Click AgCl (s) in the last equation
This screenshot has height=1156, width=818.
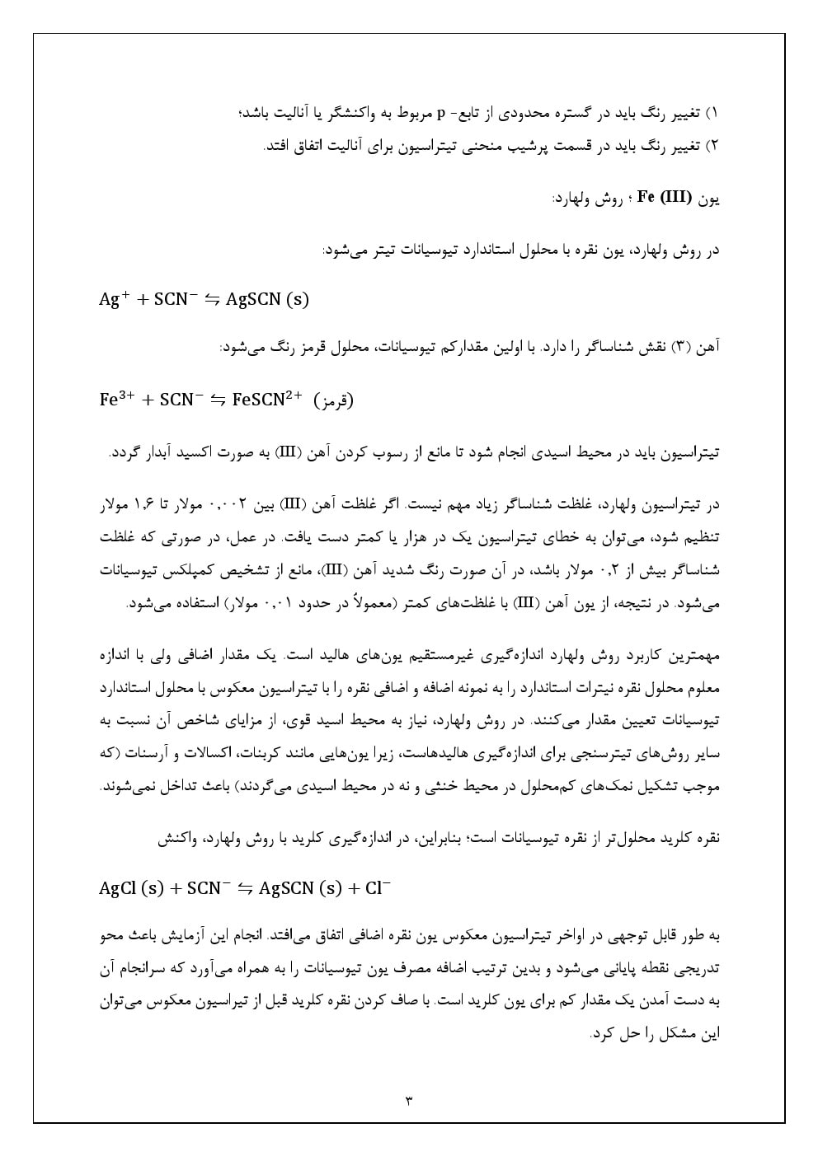click(x=131, y=888)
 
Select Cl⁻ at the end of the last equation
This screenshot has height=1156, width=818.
click(x=377, y=887)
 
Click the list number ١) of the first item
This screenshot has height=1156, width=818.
click(x=714, y=112)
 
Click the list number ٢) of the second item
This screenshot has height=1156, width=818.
click(x=714, y=146)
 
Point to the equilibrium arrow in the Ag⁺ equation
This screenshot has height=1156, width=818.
click(x=212, y=300)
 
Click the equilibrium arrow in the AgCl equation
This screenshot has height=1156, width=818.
click(x=245, y=888)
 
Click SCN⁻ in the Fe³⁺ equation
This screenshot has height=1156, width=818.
click(x=181, y=400)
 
